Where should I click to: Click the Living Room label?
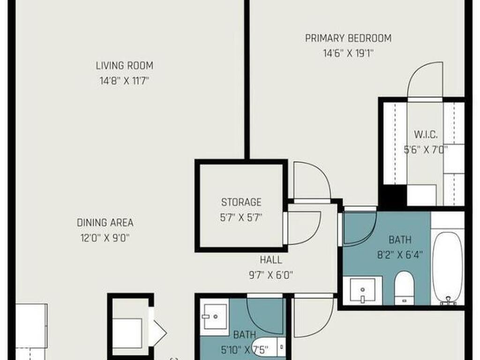(x=124, y=66)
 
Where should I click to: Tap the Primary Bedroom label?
(x=348, y=38)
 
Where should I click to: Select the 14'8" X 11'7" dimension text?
(x=124, y=81)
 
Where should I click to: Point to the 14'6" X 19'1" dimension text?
(x=348, y=53)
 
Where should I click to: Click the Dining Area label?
(x=105, y=223)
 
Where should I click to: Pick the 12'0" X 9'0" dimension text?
(x=105, y=238)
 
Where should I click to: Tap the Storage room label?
(x=241, y=202)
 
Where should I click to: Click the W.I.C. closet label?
(x=426, y=135)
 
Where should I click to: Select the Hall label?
(x=271, y=260)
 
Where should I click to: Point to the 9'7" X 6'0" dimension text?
(x=271, y=275)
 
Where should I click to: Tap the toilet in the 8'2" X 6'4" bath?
(x=404, y=288)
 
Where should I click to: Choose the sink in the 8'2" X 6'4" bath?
(x=362, y=290)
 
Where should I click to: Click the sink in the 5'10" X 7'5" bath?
(x=216, y=316)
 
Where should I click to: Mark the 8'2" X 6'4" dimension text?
(x=400, y=255)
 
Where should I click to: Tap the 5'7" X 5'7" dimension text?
(x=241, y=217)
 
